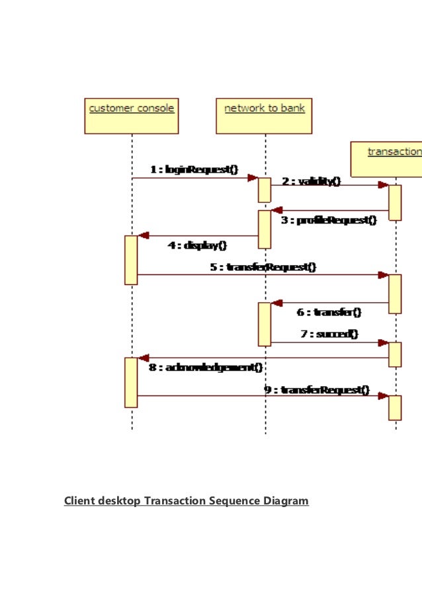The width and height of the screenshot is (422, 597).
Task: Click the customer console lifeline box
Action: point(132,116)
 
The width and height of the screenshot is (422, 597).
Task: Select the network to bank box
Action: point(265,116)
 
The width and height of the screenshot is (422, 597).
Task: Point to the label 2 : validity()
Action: point(311,180)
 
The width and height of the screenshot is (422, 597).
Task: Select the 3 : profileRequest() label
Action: point(329,220)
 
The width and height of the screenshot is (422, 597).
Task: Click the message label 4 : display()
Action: point(198,245)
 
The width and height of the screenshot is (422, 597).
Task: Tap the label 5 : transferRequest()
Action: point(263,267)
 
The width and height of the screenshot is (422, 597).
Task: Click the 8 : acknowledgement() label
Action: point(206,367)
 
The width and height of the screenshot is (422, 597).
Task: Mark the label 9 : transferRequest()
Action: point(317,390)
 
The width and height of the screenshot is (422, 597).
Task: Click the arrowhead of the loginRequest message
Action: point(253,178)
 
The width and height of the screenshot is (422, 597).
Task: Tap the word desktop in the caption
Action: point(118,501)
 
